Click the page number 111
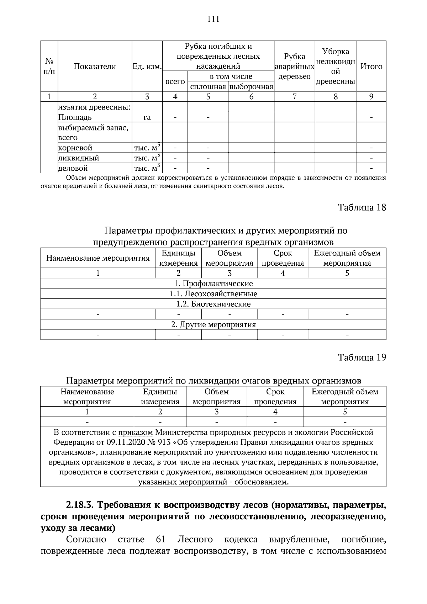coord(213,19)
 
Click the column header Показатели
coord(95,67)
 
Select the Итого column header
coord(371,67)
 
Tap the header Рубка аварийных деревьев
coord(294,67)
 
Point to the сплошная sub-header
coord(208,87)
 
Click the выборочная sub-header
coord(251,87)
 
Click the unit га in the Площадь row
coord(147,117)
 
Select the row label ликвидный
coord(79,158)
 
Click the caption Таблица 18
coord(362,207)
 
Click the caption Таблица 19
coord(362,357)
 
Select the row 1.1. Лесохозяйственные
coord(213,294)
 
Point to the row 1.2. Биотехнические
coord(213,304)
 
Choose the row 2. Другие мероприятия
coord(213,325)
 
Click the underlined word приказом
coord(135,433)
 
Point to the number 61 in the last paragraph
coord(161,540)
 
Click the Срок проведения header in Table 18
coord(283,258)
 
